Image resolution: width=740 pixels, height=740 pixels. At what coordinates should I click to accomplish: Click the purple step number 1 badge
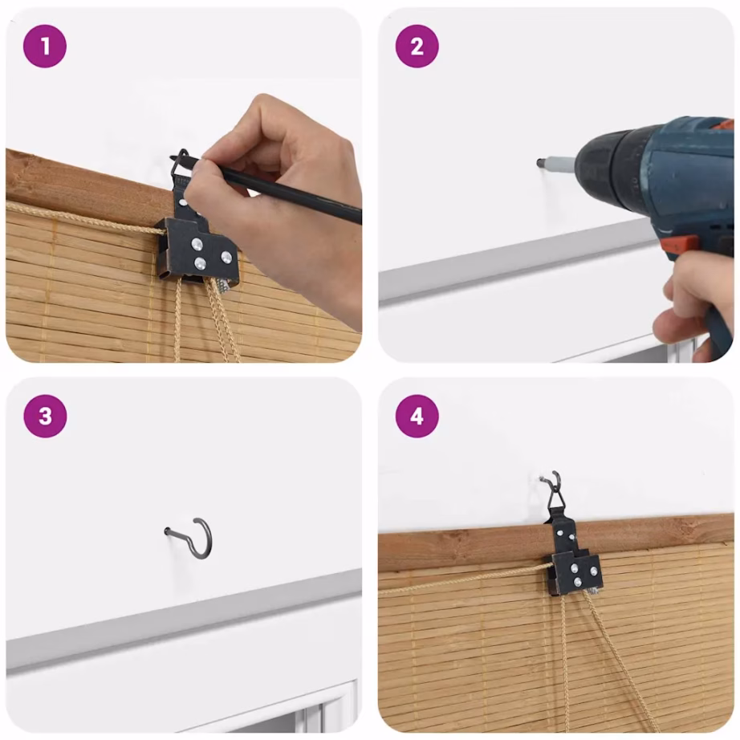tap(45, 47)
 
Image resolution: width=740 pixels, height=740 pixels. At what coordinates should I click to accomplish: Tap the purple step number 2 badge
tap(417, 47)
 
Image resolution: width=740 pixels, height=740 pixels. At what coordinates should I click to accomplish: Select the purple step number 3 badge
tap(45, 417)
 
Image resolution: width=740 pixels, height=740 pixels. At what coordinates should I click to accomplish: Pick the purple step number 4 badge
tap(417, 417)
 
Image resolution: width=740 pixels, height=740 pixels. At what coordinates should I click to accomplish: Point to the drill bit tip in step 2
tap(539, 163)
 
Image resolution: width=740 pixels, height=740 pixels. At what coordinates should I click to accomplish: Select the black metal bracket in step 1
tap(198, 236)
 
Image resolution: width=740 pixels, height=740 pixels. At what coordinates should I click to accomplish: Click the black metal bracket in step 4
tap(573, 557)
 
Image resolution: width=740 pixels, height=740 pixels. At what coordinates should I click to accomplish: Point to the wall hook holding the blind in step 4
tap(552, 478)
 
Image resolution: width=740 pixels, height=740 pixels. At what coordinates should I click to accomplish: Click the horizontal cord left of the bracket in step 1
tap(85, 218)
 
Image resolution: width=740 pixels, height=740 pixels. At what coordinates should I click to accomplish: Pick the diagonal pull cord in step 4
tap(618, 661)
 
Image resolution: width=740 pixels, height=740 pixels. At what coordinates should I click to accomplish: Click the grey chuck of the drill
tap(560, 164)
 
